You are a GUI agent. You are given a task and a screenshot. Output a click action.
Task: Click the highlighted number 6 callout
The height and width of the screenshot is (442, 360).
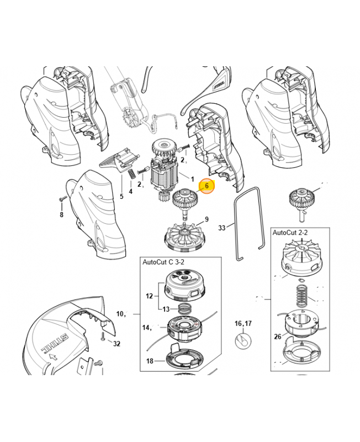coord(207,186)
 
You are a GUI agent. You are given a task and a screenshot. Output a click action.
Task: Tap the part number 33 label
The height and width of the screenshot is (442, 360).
coord(222,228)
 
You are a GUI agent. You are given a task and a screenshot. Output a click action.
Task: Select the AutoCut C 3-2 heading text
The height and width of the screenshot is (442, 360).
coord(163,262)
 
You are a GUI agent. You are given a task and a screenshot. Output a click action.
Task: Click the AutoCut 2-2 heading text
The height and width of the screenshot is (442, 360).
coord(290,233)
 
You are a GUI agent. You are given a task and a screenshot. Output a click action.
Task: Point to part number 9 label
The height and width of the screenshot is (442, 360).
coord(207,219)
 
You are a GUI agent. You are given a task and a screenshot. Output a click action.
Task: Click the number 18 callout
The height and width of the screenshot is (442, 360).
coord(150,361)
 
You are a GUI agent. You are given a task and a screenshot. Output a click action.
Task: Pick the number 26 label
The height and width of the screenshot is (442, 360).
coord(278,336)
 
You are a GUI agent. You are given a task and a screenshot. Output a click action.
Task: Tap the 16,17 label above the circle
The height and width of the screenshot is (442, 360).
coord(243,323)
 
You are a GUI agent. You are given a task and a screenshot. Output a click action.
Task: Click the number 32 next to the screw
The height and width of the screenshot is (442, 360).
coord(117,344)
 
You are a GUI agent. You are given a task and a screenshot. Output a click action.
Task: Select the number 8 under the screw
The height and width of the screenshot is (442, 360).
coord(61,214)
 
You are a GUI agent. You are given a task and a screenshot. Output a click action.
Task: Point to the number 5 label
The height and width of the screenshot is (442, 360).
coord(121,196)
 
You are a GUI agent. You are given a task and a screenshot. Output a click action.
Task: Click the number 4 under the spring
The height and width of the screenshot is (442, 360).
coord(131,191)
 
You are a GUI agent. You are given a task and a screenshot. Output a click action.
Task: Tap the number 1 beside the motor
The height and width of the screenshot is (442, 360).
coord(192,179)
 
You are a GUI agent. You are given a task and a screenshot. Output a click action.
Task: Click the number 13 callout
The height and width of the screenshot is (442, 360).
coord(166,309)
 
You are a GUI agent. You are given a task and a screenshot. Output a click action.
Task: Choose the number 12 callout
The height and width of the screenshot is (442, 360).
coord(149,296)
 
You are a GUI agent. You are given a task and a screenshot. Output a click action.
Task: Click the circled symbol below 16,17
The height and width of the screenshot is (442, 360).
coord(243,341)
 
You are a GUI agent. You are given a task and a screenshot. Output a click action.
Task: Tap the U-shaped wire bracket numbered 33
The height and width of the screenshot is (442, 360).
coord(250,224)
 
